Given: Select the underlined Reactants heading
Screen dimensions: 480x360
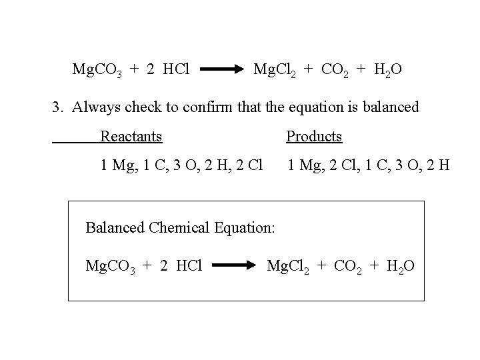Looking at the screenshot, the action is [131, 137].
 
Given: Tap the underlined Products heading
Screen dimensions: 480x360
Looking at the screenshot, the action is [314, 137].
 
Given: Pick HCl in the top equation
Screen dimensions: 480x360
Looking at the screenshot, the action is [177, 69].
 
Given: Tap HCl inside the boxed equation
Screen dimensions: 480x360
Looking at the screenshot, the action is [191, 267].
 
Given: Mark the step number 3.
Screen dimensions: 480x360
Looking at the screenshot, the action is [57, 107].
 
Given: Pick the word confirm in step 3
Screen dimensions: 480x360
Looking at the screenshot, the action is [212, 107].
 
